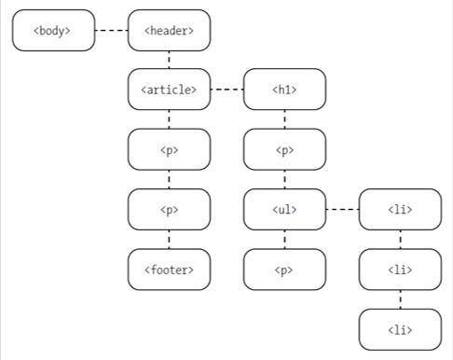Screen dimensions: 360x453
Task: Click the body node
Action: [54, 31]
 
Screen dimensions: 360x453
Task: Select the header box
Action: [169, 31]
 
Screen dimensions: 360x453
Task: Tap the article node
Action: [169, 90]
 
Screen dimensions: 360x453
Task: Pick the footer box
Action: [169, 270]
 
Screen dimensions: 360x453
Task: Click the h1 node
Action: [284, 90]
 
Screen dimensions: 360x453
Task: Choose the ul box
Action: [284, 210]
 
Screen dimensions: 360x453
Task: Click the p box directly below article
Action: [169, 149]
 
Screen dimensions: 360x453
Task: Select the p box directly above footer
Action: [169, 210]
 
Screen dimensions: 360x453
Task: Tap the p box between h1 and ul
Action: [284, 149]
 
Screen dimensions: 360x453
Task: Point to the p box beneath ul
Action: [284, 270]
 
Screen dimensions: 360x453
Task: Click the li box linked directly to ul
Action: [400, 210]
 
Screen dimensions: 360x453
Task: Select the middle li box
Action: [400, 270]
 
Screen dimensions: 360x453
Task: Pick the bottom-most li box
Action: [400, 329]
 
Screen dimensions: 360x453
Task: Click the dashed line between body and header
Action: [112, 31]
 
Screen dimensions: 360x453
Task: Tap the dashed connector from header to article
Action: [169, 60]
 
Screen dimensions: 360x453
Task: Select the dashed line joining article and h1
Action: [226, 90]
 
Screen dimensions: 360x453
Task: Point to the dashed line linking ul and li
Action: [342, 210]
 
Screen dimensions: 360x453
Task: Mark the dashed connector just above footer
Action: [169, 241]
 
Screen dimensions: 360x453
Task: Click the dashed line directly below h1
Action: [284, 119]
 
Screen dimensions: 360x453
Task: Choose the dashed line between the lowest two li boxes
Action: [400, 299]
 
